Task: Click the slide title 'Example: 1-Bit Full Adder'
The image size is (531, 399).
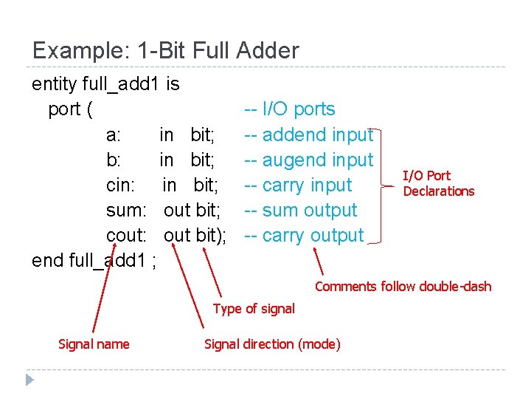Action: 165,50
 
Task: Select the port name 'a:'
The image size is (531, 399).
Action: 114,134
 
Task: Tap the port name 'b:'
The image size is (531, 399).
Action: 114,160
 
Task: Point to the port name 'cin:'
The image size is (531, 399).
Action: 120,185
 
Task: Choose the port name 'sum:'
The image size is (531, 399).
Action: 126,210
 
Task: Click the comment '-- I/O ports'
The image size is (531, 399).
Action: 289,109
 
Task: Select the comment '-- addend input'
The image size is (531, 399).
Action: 308,134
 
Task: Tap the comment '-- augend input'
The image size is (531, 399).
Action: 308,160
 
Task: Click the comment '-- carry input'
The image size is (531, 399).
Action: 298,185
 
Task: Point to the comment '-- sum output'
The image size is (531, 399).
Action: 300,210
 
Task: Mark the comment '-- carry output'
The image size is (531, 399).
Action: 304,235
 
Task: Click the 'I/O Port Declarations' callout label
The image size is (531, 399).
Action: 437,183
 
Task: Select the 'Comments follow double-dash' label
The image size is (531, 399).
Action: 403,287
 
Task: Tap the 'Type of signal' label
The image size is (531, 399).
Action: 254,309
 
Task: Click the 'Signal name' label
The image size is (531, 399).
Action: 94,344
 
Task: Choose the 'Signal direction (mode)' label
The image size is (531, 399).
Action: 272,344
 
